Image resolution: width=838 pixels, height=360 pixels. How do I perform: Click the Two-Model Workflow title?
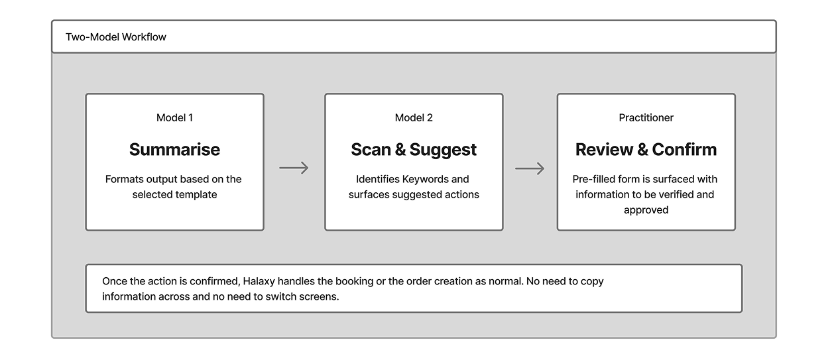point(115,37)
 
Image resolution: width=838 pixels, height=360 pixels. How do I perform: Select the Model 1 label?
point(175,118)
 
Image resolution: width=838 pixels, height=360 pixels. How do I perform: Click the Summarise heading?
point(175,149)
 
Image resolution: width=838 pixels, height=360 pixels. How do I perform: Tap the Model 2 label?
point(414,118)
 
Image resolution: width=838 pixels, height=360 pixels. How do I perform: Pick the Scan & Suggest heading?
point(414,150)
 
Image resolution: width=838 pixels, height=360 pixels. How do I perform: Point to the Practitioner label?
point(646,118)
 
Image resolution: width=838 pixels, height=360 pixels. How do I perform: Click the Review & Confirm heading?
point(646,149)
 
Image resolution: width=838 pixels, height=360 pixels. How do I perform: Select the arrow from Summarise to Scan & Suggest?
point(294,168)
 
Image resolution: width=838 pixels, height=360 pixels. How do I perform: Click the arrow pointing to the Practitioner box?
point(530,168)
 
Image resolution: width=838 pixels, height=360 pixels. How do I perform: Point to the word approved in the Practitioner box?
point(646,210)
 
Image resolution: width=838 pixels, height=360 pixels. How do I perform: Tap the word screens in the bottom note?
point(320,297)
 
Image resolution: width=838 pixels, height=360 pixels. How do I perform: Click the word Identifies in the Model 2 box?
point(377,179)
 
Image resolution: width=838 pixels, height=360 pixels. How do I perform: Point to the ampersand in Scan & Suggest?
point(400,150)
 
